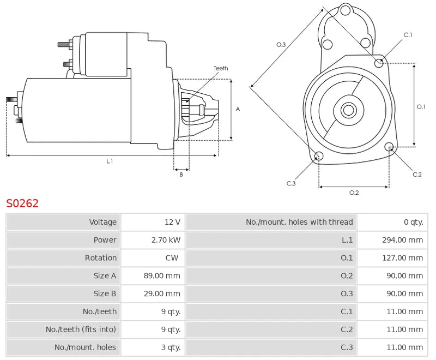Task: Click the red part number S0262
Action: tap(22, 203)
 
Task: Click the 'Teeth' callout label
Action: tap(221, 68)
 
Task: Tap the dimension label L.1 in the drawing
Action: tap(110, 161)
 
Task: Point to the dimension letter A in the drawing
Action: tap(238, 109)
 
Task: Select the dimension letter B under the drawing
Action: tap(181, 175)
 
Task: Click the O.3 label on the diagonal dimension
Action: tap(281, 44)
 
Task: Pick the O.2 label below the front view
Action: tap(354, 193)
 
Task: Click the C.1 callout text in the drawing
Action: tap(408, 35)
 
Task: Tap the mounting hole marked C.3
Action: tap(319, 157)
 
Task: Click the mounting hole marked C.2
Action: tap(389, 147)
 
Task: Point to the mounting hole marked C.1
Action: tap(379, 63)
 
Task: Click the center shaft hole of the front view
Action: tap(348, 110)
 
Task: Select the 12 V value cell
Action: tap(172, 222)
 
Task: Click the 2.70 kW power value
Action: tap(166, 240)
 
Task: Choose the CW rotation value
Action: tap(172, 258)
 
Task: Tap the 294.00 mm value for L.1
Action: tap(402, 240)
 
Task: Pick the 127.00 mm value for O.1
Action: tap(402, 258)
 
